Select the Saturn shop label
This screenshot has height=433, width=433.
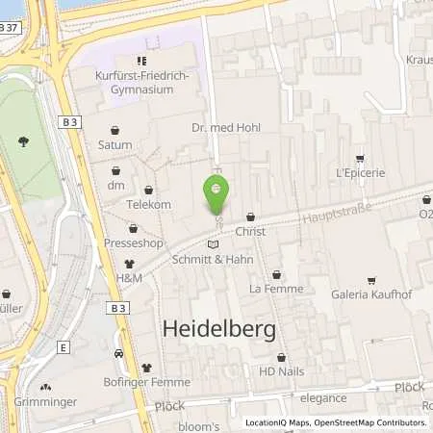click(115, 146)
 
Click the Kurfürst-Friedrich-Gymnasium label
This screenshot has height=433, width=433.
click(141, 83)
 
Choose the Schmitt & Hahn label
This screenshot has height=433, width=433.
click(212, 260)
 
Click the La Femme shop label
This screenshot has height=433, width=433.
click(276, 289)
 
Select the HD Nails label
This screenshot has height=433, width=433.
click(280, 369)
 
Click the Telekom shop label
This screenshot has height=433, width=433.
click(148, 205)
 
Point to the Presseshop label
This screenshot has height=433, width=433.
click(133, 244)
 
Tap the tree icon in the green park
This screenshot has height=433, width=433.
click(22, 142)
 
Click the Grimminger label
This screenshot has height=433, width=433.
click(39, 402)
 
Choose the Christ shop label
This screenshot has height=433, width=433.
click(250, 232)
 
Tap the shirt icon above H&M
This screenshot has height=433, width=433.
click(129, 263)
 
